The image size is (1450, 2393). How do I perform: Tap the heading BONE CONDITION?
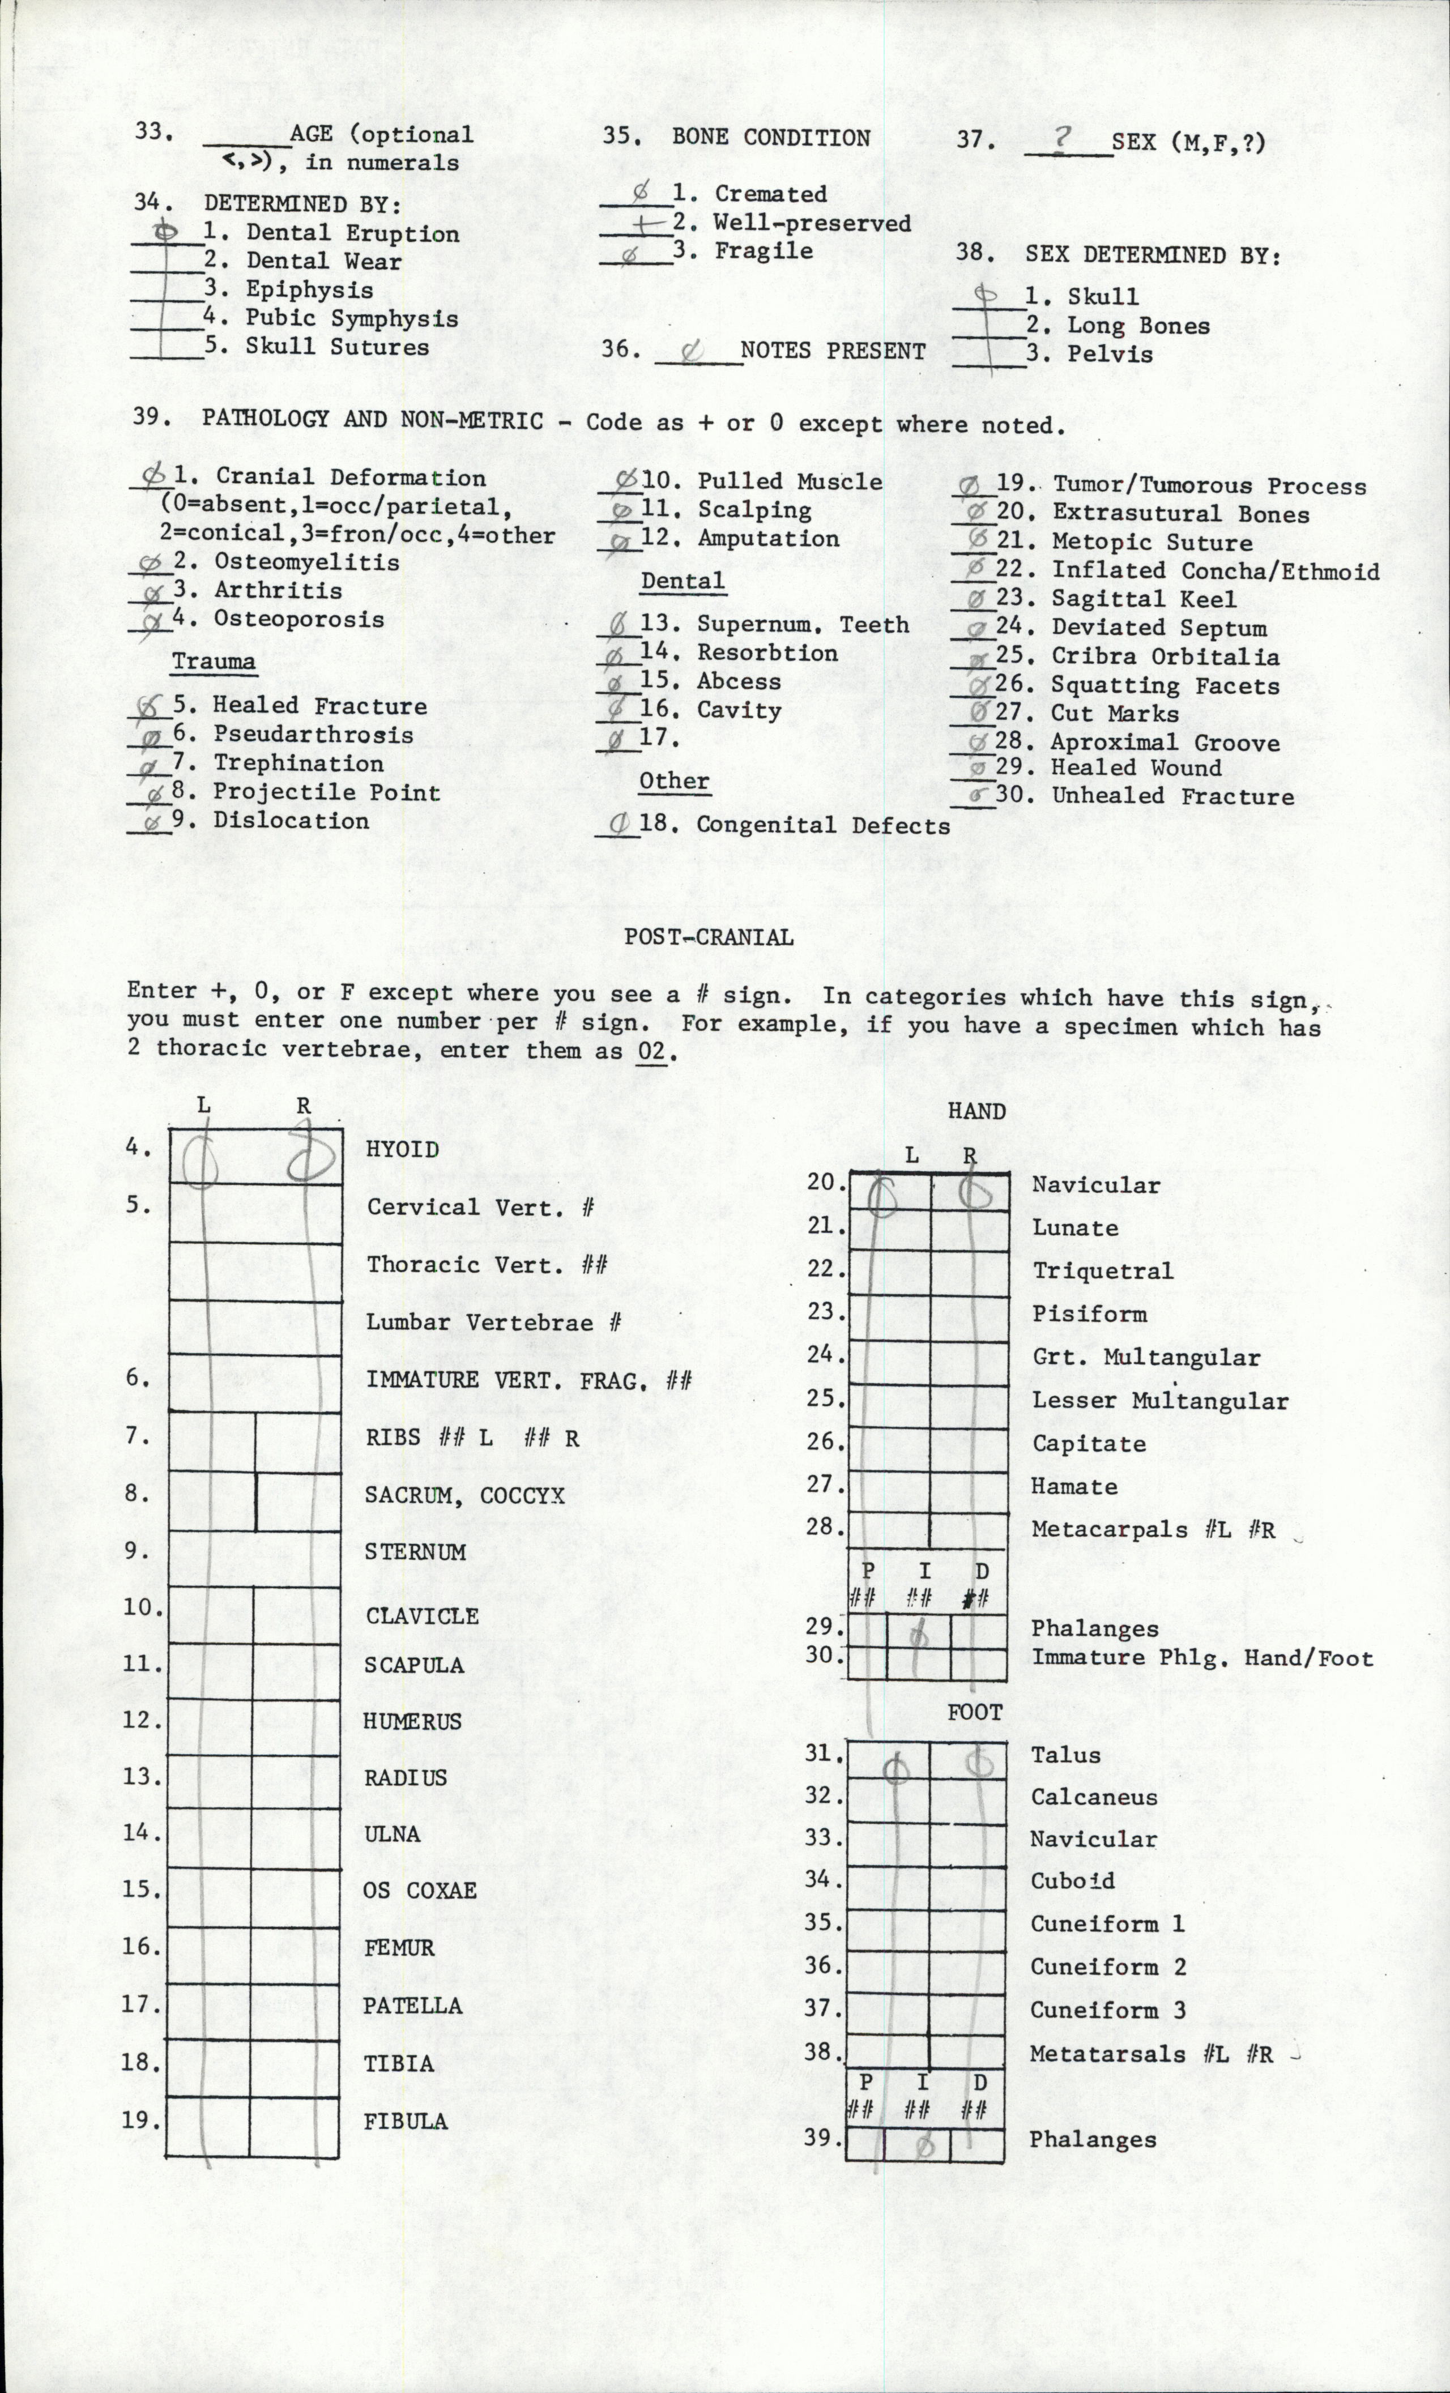click(770, 138)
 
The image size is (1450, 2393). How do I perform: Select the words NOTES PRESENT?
click(832, 351)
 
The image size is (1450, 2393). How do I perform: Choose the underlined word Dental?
click(682, 581)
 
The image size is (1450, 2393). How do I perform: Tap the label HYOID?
click(402, 1149)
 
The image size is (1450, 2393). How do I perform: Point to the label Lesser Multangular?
click(1159, 1401)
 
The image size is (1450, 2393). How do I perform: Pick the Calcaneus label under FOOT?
click(1094, 1798)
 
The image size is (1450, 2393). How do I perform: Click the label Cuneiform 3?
click(1107, 2010)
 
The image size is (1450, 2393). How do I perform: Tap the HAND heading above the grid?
click(975, 1112)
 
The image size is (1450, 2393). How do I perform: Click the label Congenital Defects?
click(822, 825)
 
